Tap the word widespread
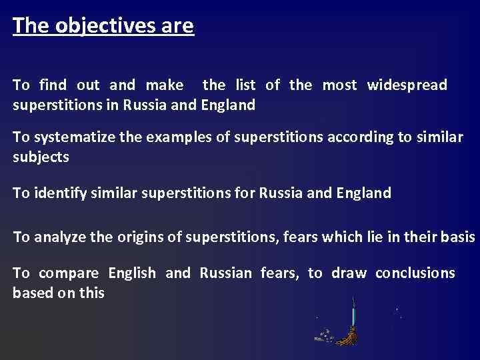click(407, 85)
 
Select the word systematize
click(74, 138)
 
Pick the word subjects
click(41, 157)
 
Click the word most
click(339, 85)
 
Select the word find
click(53, 85)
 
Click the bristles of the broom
click(347, 336)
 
